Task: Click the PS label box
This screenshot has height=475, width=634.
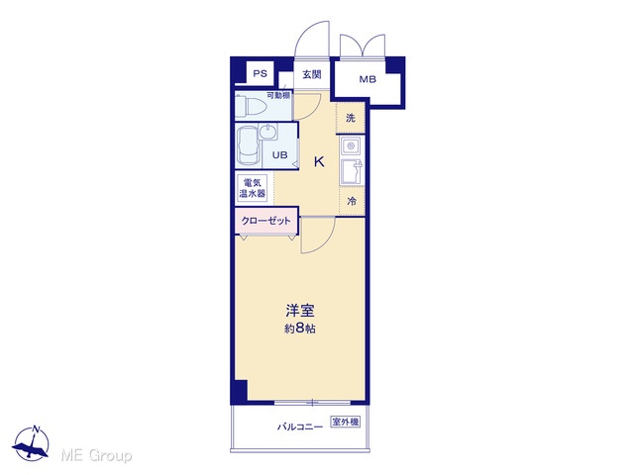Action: [x=260, y=73]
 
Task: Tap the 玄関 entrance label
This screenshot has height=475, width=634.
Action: [x=312, y=75]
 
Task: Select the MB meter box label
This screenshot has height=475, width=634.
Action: [x=368, y=79]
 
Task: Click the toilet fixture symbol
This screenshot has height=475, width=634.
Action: [x=251, y=107]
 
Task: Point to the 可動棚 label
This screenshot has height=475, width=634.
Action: [x=278, y=96]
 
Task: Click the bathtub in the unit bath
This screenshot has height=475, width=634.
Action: [x=249, y=145]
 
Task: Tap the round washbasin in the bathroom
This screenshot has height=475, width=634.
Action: [x=268, y=132]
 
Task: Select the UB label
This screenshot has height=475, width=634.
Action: [x=279, y=154]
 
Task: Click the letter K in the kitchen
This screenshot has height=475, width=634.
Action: [x=319, y=162]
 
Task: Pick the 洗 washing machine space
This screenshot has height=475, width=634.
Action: [x=351, y=118]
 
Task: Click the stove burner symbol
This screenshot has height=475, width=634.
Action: [x=351, y=145]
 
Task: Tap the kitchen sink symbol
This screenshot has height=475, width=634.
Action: [x=352, y=171]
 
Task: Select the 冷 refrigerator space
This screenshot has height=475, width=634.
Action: [x=352, y=201]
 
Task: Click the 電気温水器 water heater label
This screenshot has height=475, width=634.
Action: [x=253, y=188]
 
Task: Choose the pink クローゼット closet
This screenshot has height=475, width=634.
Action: [x=266, y=221]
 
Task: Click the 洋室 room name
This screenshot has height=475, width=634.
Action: [x=300, y=311]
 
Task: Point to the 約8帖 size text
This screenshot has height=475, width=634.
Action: [x=300, y=329]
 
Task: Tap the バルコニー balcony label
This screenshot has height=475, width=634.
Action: [x=300, y=427]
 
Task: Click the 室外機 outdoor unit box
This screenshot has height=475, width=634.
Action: [x=345, y=423]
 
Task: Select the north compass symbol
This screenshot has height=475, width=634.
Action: [x=31, y=443]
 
